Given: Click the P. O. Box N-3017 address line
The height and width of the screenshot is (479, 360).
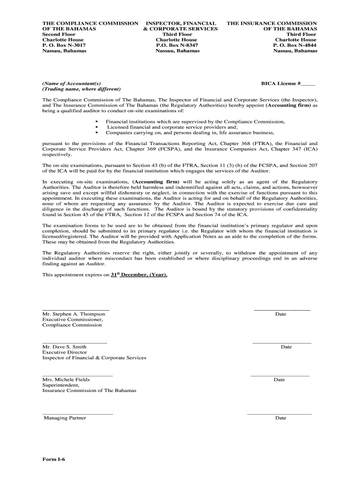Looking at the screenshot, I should (x=64, y=45).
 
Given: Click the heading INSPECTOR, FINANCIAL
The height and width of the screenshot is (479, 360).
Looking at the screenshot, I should (x=181, y=23).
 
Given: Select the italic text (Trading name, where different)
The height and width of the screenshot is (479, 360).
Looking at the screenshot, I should (x=81, y=89).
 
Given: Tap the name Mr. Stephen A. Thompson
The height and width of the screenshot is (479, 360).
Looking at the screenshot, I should (x=73, y=314).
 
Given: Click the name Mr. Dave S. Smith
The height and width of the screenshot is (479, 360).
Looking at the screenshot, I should (x=64, y=347).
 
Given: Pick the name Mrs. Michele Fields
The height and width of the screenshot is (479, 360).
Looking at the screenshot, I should (x=66, y=379).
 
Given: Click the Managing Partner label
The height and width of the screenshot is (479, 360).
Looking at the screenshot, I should (x=65, y=418).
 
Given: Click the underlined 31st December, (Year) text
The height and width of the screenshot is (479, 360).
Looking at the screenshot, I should (x=138, y=275).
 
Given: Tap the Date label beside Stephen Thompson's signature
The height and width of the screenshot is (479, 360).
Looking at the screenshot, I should (x=281, y=314).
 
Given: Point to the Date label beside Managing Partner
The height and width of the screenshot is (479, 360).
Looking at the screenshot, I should (x=281, y=418).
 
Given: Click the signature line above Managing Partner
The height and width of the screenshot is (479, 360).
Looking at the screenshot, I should (x=77, y=414).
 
